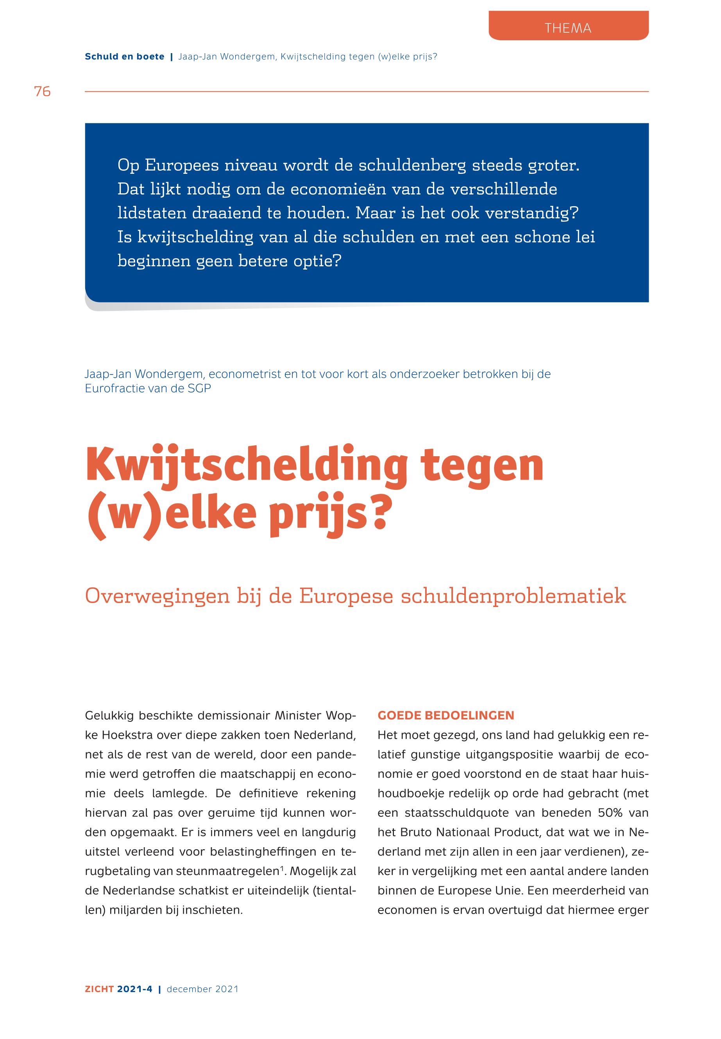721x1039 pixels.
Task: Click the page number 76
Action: (x=43, y=92)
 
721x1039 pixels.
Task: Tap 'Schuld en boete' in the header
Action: (x=125, y=57)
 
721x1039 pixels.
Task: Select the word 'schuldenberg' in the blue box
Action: (x=412, y=165)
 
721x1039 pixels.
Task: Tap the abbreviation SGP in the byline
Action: (x=199, y=388)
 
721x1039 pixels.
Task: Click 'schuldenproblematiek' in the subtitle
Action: (x=513, y=596)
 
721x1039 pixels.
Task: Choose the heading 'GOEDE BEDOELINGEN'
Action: (x=446, y=716)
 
